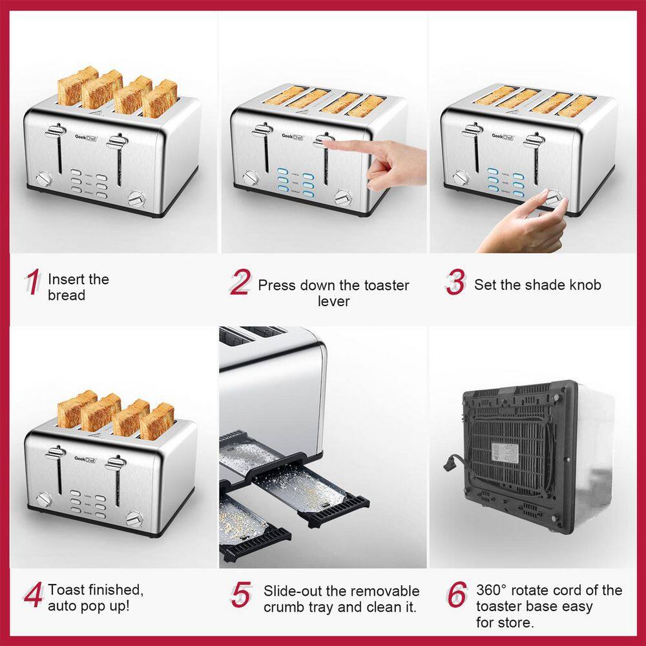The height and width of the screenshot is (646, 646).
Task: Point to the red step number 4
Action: click(33, 596)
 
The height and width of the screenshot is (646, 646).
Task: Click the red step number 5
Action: click(240, 596)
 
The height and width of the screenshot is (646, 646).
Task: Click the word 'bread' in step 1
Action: click(67, 295)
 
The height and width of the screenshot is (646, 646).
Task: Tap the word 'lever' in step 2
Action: click(333, 301)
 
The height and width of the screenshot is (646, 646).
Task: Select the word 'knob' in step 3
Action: click(583, 285)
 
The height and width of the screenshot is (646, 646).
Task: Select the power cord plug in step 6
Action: click(448, 463)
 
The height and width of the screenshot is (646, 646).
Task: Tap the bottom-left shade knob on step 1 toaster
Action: click(44, 178)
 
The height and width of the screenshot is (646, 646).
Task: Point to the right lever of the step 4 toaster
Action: click(116, 463)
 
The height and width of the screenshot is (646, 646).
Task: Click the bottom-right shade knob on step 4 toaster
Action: click(134, 518)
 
